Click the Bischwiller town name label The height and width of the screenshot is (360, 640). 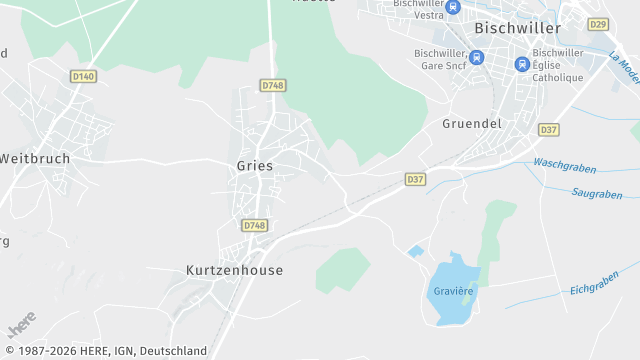point(517,28)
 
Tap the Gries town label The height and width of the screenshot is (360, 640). point(255,166)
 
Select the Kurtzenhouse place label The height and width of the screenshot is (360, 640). point(235,270)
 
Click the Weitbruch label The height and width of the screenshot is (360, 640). point(35,158)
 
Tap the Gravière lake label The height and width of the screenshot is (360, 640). point(452,291)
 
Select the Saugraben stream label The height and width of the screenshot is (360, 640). point(597,193)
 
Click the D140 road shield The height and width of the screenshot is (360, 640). point(84,76)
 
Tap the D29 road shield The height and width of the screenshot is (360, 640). point(598,24)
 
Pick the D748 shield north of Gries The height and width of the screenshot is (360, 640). point(273,86)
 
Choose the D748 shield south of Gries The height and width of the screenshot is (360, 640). point(255,226)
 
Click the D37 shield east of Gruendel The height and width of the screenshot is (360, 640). point(549,130)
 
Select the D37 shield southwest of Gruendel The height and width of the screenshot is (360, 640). point(416,179)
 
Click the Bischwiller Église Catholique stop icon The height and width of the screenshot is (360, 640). point(521,63)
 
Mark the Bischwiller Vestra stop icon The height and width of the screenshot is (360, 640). point(453,8)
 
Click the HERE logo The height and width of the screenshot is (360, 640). point(21,325)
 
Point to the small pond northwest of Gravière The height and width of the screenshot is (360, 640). point(415,251)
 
